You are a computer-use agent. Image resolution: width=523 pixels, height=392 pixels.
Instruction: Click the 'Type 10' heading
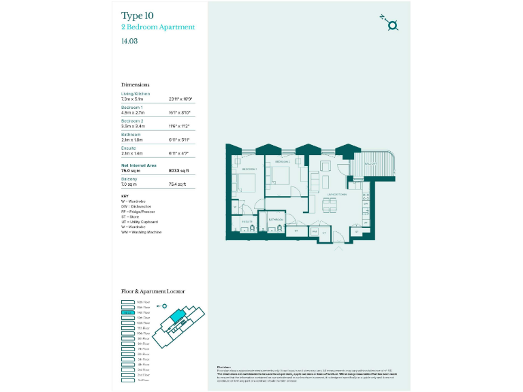137,16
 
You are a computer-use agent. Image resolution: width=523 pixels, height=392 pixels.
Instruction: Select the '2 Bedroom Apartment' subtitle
157,27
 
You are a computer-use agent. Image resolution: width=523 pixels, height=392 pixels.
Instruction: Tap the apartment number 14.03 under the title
129,41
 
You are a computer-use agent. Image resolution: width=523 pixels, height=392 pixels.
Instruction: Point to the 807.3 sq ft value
178,171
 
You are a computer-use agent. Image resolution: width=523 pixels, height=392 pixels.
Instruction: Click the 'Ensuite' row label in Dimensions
129,148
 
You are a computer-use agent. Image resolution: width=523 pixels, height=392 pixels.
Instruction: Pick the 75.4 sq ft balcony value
177,184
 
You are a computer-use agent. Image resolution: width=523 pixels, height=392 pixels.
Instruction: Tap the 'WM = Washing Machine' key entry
141,232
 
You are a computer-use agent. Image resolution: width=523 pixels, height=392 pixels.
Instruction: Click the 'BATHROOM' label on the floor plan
275,220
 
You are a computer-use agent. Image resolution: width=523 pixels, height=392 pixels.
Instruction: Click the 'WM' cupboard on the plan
315,231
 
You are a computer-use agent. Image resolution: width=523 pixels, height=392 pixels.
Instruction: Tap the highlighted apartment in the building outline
177,317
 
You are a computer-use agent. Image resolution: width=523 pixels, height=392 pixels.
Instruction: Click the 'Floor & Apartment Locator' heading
153,291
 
